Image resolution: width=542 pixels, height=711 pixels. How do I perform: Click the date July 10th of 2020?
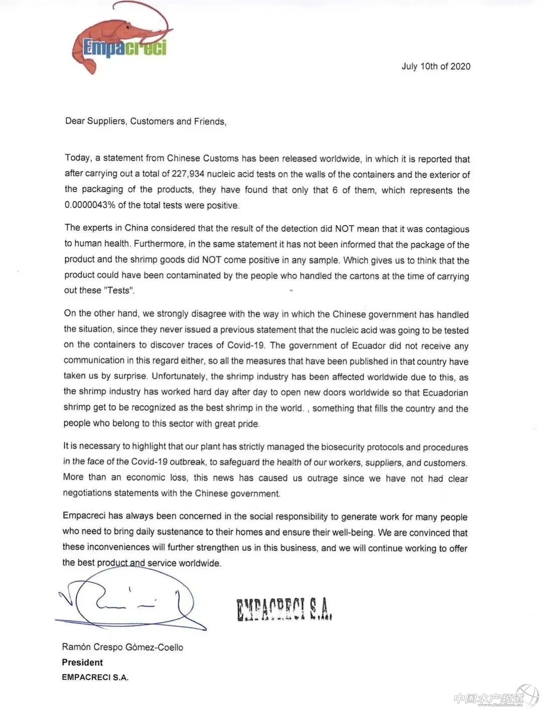[436, 66]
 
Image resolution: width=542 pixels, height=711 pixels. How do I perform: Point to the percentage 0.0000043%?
[89, 205]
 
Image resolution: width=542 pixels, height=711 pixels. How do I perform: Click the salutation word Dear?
[75, 121]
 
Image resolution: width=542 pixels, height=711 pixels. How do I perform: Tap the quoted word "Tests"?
[118, 290]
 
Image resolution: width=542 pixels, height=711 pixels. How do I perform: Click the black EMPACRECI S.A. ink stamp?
[284, 609]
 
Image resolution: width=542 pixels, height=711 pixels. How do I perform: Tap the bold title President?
[82, 662]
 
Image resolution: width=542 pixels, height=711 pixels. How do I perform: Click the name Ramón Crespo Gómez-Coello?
[122, 647]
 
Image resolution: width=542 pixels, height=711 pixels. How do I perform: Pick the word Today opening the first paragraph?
[78, 158]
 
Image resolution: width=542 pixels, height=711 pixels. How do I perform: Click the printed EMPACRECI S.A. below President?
[95, 677]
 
